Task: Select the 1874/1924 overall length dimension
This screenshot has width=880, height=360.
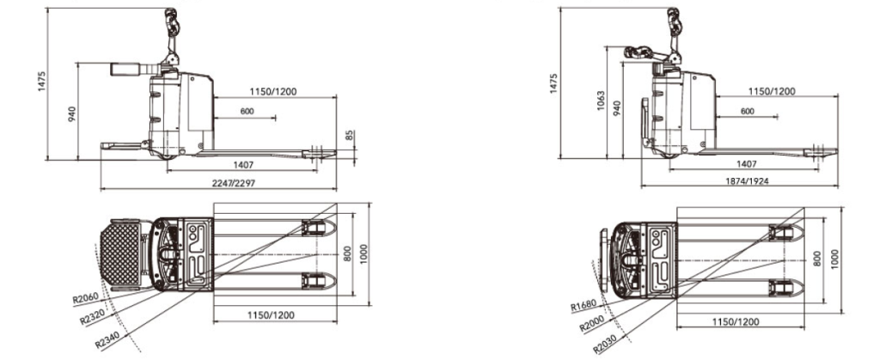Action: (747, 181)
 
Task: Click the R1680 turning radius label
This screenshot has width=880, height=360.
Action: (584, 306)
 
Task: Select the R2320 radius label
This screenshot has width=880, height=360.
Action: (93, 317)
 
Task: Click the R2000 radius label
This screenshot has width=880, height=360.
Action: (593, 324)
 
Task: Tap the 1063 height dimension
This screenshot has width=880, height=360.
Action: (601, 101)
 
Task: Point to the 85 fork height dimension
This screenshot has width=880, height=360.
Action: (349, 135)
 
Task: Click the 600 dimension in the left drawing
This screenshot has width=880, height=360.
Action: (247, 112)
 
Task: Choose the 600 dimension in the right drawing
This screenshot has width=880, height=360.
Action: (748, 111)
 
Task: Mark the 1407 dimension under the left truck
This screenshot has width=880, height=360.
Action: (243, 165)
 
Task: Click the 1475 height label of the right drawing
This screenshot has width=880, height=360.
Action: (553, 83)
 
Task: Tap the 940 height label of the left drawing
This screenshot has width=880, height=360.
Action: (71, 114)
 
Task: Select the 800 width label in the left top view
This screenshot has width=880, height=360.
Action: (347, 254)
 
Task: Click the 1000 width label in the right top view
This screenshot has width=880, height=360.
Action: (835, 259)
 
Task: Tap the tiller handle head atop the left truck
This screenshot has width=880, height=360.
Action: (170, 22)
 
